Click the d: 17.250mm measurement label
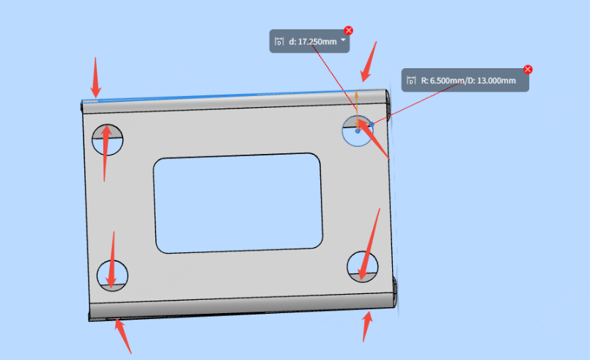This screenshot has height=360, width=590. coord(309,41)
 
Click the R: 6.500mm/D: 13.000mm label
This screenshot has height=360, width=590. coord(465,80)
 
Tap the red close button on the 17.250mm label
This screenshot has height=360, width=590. coord(348,31)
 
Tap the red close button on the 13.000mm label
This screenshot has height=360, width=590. coord(528,70)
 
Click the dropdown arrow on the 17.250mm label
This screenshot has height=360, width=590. coord(343,40)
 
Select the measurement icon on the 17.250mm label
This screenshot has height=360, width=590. coord(279,41)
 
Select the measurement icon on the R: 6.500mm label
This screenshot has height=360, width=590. coord(411,80)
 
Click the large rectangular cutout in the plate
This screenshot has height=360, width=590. coord(237,203)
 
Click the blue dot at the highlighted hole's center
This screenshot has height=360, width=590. coord(358,131)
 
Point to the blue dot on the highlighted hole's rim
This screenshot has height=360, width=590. coord(372,124)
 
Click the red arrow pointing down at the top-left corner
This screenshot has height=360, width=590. coord(95,78)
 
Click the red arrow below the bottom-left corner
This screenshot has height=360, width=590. coord(123,336)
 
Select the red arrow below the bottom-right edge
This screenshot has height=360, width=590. coord(367,326)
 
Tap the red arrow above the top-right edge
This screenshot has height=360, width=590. coord(369,62)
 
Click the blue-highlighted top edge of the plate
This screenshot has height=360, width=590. coord(233,95)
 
